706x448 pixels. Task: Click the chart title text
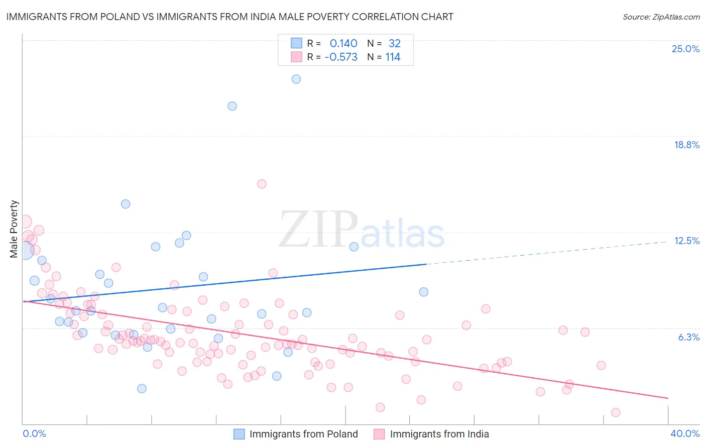229,17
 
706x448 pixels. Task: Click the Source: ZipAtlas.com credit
661,17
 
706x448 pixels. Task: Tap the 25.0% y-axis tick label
685,49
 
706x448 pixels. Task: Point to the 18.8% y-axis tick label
686,145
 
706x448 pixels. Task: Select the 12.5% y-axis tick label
686,241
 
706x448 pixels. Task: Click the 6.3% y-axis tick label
688,337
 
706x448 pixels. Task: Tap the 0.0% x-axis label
34,433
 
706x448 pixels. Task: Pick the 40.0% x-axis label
684,433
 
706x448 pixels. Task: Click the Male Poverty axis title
14,229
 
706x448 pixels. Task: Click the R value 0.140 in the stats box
343,44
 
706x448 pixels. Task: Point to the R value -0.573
341,57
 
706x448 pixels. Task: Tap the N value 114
393,57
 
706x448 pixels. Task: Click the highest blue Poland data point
296,79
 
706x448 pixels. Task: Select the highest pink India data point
262,184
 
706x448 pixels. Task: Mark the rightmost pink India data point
616,412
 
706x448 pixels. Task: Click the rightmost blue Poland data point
424,292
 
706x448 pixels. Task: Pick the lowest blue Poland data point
142,388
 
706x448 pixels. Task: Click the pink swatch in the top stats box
296,57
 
